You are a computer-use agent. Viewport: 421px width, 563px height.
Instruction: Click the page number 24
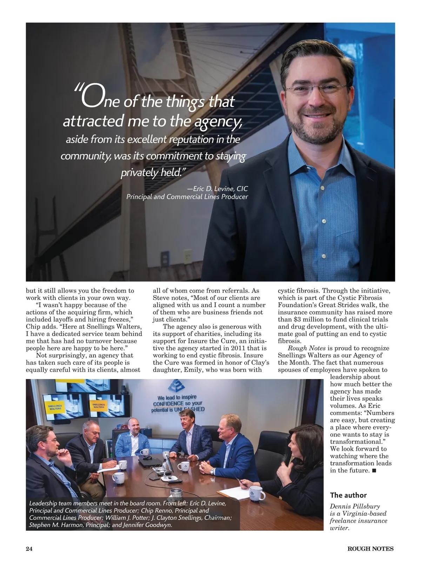pos(29,549)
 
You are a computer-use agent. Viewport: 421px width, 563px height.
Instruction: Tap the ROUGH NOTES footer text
pos(370,549)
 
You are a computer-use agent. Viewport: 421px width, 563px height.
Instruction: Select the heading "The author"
pos(348,495)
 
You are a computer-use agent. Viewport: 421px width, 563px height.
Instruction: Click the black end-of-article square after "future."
pos(374,470)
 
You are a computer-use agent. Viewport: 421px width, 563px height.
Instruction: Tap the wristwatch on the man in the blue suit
pos(212,472)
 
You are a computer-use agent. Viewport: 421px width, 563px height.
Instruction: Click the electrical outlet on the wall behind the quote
pos(164,260)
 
